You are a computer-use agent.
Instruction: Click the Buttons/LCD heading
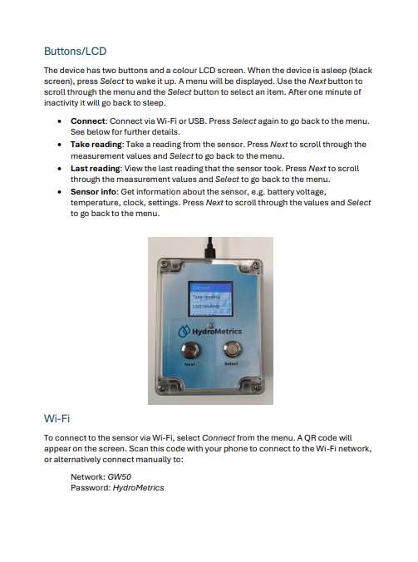coord(75,52)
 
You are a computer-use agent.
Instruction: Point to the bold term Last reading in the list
coord(96,167)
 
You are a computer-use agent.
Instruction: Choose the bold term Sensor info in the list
coord(94,190)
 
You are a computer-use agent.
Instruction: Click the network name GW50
coord(119,478)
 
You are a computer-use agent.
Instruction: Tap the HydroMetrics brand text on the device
coord(214,331)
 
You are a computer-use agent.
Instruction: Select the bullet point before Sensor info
coord(62,190)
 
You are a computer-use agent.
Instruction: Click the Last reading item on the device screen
coord(205,306)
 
